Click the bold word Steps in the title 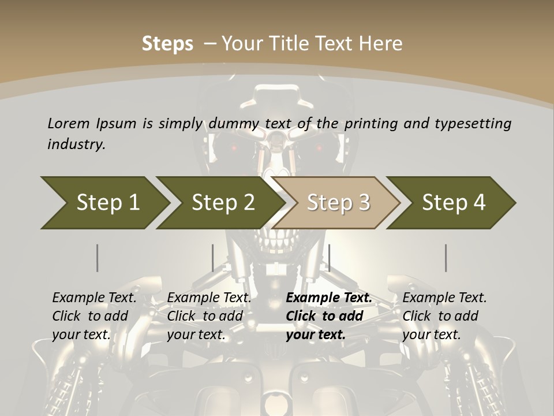pos(167,44)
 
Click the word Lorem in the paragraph pos(68,123)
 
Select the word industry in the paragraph pos(76,144)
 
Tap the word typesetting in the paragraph pos(473,123)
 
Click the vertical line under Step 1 pos(98,258)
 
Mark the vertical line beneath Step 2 pos(213,258)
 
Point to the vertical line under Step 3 pos(329,258)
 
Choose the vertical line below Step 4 pos(446,258)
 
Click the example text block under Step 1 pos(94,316)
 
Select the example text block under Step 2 pos(209,316)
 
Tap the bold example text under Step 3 pos(329,316)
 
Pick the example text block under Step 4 pos(444,316)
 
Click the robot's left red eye pos(234,148)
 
